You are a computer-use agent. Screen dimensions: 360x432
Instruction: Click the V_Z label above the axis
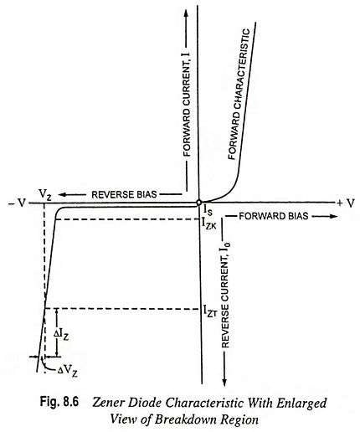tap(45, 194)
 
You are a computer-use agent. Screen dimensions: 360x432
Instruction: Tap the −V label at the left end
tap(17, 203)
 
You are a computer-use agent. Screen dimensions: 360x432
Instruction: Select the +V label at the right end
tap(346, 203)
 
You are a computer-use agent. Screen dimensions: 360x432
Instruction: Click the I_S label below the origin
tap(208, 210)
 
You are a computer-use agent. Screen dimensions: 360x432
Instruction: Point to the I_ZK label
tap(209, 224)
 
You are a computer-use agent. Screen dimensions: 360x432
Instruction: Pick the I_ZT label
tap(210, 311)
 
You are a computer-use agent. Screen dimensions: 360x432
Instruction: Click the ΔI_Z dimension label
tap(61, 334)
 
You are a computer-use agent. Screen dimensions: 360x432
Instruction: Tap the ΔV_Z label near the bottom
tap(68, 371)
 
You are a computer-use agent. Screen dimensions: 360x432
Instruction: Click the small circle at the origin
tap(198, 202)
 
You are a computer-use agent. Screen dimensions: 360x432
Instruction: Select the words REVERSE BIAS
tap(124, 194)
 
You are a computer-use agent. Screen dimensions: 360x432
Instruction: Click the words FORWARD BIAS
tap(274, 216)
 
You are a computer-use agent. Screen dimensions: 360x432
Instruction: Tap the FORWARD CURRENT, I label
tap(187, 104)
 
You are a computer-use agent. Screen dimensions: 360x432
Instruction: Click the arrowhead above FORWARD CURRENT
tap(187, 13)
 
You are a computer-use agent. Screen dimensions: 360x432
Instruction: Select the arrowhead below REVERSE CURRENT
tap(224, 383)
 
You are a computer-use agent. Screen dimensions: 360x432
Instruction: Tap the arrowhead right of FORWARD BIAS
tap(332, 216)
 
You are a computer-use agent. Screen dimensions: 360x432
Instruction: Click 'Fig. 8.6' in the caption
tap(59, 402)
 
